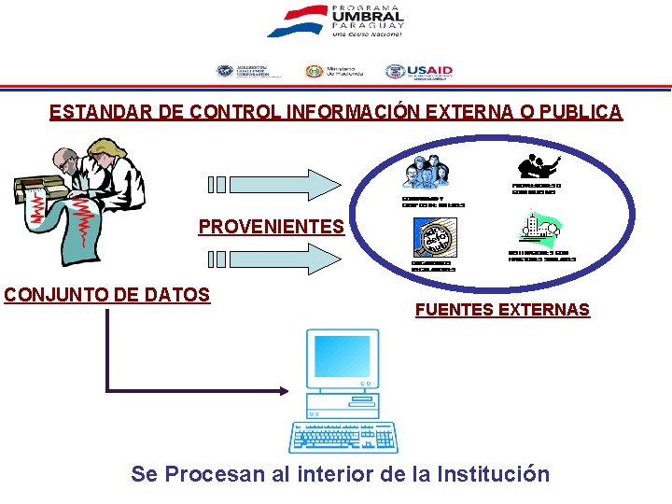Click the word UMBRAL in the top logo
(368, 17)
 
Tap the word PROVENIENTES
(271, 226)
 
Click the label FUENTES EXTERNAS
(502, 310)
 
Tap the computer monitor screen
(342, 360)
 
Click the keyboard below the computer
(343, 436)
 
